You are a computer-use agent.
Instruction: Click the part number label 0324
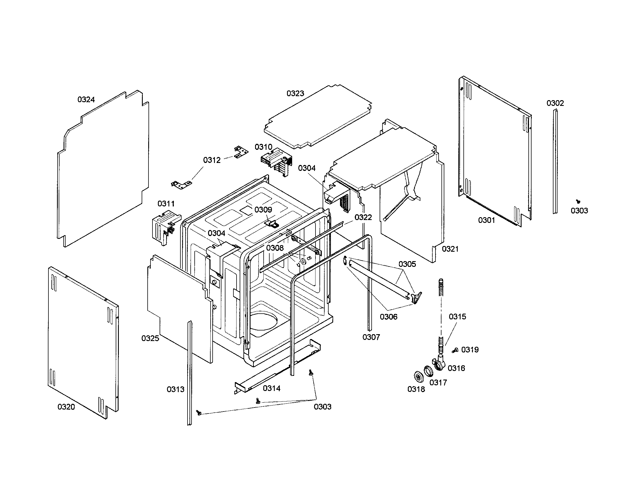(x=86, y=100)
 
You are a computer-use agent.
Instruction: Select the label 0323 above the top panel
(x=295, y=93)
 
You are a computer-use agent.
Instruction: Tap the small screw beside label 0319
(x=455, y=350)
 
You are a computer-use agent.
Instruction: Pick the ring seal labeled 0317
(x=428, y=371)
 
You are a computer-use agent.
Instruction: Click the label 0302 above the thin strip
(x=555, y=103)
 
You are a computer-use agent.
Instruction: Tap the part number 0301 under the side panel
(x=486, y=220)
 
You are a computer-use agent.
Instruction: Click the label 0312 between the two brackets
(x=212, y=160)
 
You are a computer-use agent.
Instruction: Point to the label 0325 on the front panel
(x=150, y=338)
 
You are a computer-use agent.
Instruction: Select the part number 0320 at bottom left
(x=66, y=407)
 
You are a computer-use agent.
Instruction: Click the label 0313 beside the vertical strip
(x=175, y=390)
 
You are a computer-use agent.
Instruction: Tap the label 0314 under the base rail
(x=271, y=389)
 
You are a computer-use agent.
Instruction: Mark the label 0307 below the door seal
(x=371, y=337)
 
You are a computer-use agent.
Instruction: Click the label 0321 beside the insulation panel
(x=450, y=249)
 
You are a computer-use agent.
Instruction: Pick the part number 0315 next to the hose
(x=457, y=317)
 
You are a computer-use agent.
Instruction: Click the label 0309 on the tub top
(x=263, y=210)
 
